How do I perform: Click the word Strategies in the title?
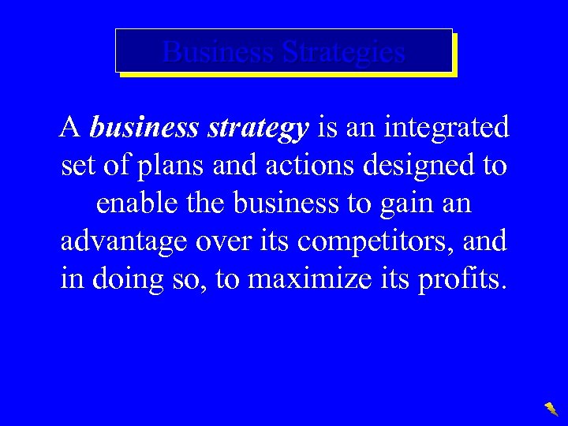pos(343,53)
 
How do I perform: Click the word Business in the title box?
pos(218,53)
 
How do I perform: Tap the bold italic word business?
pos(145,128)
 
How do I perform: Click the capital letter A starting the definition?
pos(70,127)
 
